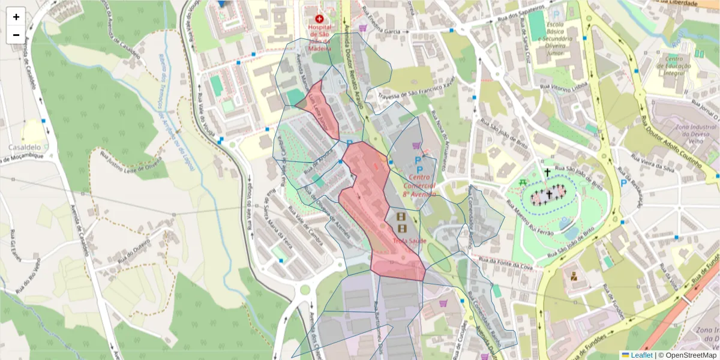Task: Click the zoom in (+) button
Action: click(16, 17)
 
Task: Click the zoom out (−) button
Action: click(16, 35)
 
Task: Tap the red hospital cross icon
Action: click(319, 19)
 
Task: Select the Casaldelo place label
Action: click(25, 147)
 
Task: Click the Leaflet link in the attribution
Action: click(641, 355)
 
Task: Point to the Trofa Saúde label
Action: click(409, 241)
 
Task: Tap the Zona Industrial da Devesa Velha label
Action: click(696, 135)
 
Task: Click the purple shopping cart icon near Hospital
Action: click(363, 28)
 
